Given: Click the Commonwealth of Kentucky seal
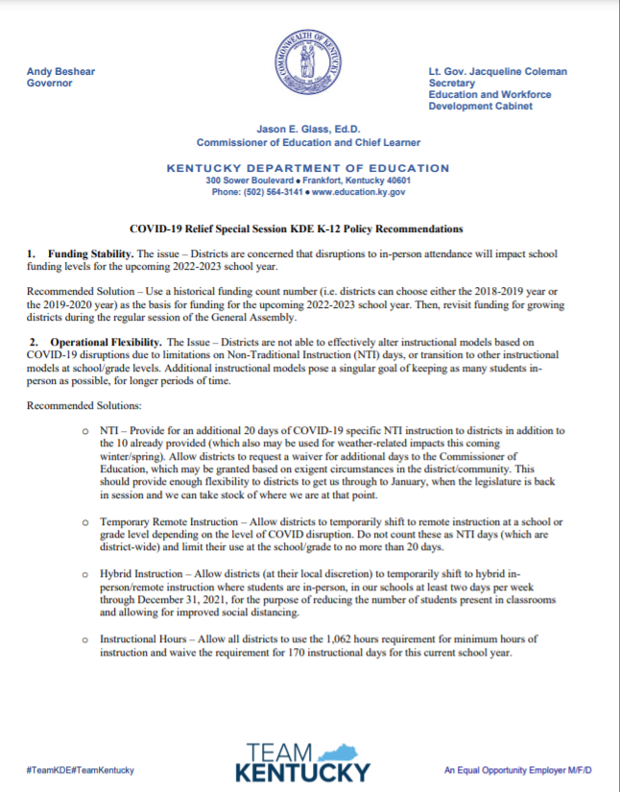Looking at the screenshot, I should coord(309,60).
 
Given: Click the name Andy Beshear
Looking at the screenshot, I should coord(61,71).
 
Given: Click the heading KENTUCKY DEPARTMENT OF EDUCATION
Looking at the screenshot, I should coord(308,168).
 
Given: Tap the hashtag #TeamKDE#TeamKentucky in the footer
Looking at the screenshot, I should coord(81,770).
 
